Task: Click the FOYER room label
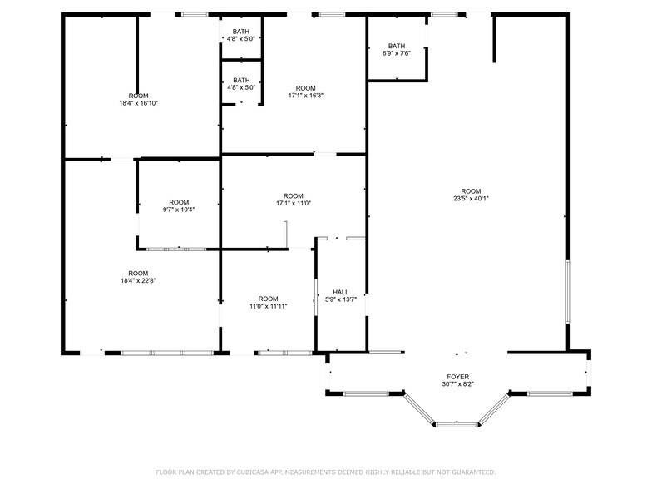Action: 458,377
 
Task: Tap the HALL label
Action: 341,292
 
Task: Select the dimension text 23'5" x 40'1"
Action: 471,199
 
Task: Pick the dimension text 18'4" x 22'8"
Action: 138,281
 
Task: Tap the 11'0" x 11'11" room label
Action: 268,306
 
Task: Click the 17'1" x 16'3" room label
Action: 306,96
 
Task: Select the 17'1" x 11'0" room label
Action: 294,203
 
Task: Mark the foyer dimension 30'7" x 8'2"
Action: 458,385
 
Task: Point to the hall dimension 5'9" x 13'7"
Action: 341,299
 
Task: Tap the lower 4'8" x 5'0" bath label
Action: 241,87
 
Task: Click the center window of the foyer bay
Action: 457,425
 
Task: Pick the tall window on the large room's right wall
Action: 568,292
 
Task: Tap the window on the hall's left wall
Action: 316,296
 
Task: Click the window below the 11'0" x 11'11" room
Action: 284,353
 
